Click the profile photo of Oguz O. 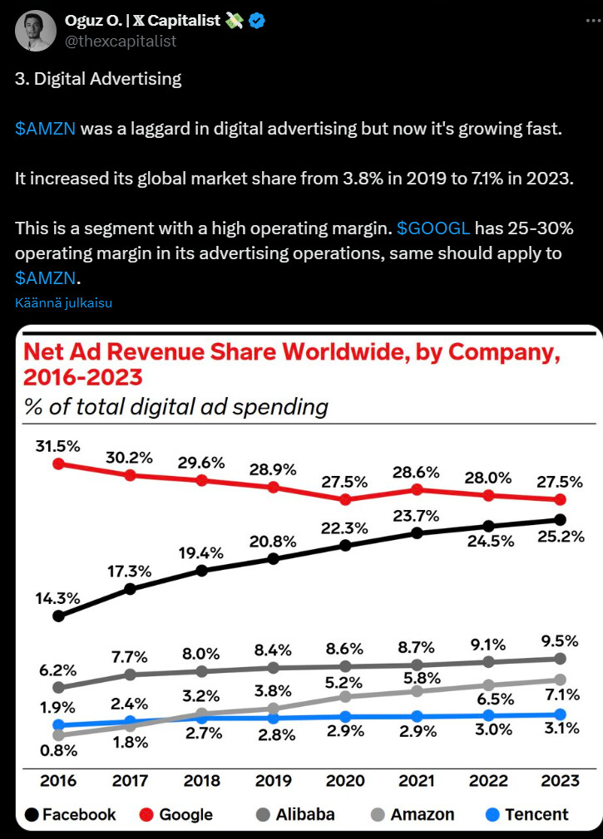click(x=36, y=30)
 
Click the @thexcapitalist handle click(x=121, y=41)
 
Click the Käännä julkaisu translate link click(x=63, y=302)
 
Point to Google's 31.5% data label click(x=58, y=446)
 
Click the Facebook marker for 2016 click(x=58, y=616)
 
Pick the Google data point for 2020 click(x=345, y=499)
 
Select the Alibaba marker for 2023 click(x=560, y=658)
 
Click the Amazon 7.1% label click(x=558, y=695)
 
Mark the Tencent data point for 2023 click(x=560, y=714)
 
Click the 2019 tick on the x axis click(x=273, y=781)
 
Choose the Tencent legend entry click(x=527, y=814)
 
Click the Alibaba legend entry click(x=294, y=814)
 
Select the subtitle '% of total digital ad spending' click(x=175, y=407)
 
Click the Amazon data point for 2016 click(x=58, y=735)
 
